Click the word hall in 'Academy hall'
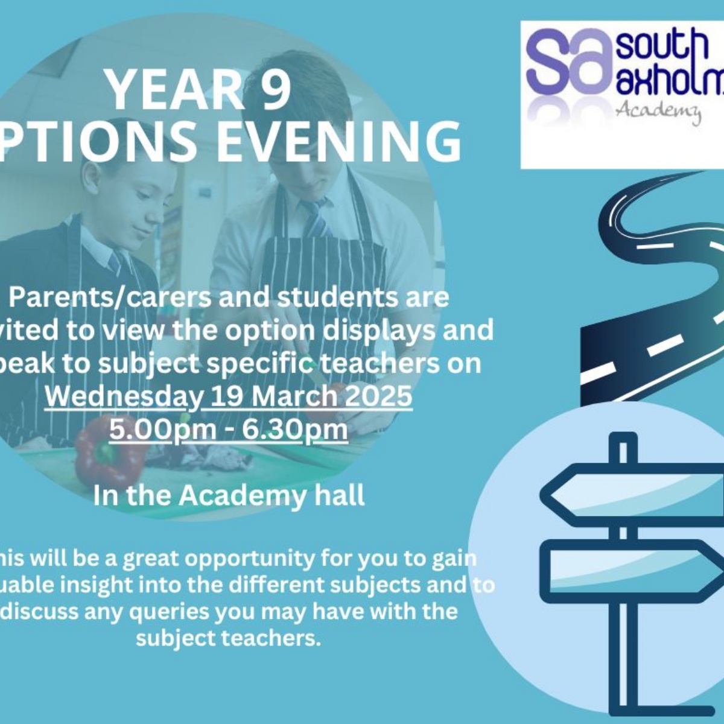point(340,496)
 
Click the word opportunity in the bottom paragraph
point(249,559)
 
